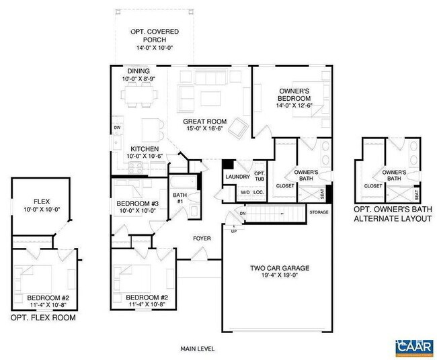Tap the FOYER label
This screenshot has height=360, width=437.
202,238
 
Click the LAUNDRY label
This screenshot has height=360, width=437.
237,177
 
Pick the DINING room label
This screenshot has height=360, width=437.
138,71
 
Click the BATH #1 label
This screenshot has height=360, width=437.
180,199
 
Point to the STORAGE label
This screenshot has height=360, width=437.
319,212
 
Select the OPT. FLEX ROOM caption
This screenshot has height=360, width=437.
42,318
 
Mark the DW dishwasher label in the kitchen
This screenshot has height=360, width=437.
117,127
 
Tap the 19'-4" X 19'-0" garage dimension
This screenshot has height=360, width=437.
275,275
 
